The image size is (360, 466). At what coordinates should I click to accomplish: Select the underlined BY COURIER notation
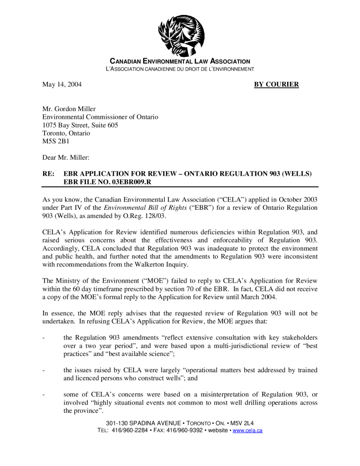(276, 84)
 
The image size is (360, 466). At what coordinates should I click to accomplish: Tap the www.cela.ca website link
(247, 431)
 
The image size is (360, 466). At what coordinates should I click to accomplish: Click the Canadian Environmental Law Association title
(180, 61)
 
